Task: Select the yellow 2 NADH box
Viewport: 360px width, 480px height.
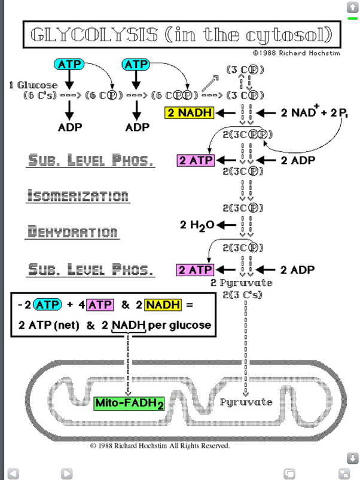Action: tap(189, 112)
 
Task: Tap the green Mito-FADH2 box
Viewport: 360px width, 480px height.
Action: tap(130, 404)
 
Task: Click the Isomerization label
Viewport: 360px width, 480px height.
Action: tap(78, 196)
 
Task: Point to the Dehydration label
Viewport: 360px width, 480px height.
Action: tap(73, 231)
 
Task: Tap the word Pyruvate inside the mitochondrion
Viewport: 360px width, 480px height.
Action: tap(246, 402)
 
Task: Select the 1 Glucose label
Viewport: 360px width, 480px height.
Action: tap(33, 85)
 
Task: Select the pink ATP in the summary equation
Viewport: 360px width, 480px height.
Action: tap(100, 305)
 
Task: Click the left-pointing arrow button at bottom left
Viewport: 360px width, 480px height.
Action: tap(13, 473)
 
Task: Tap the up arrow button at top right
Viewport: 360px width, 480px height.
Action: tap(352, 7)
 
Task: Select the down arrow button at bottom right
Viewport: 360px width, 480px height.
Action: tap(352, 458)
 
